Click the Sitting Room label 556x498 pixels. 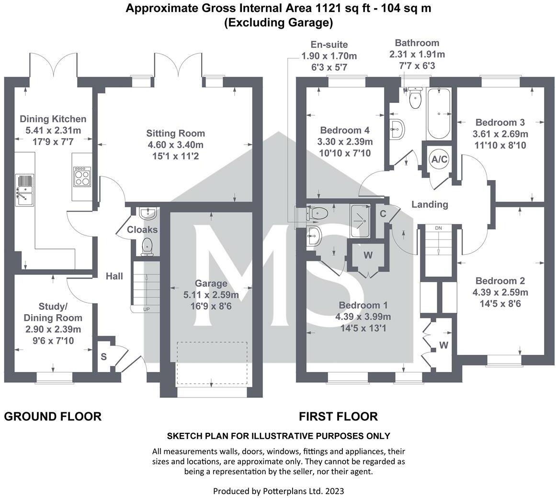176,133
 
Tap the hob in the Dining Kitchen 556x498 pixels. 82,177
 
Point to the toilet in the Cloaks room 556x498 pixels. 147,247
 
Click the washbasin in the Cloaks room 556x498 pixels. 148,214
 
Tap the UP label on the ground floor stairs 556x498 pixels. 147,309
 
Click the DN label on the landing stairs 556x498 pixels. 439,228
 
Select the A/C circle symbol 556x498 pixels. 439,159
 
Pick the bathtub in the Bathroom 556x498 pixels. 439,114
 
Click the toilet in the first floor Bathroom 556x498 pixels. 414,98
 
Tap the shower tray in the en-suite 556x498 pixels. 360,220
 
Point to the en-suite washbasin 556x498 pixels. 314,236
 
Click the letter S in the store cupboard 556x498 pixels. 103,356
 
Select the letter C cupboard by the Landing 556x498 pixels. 383,214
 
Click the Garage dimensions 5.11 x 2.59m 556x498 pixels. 211,294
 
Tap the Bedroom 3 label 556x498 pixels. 500,122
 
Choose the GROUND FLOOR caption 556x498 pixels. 53,416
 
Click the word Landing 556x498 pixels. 430,204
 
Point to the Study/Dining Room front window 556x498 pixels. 54,377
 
